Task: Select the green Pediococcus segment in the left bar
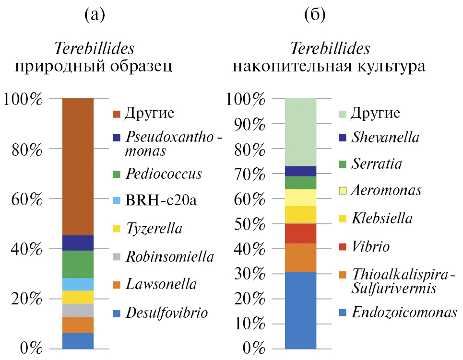[78, 264]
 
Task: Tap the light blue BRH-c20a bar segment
[78, 284]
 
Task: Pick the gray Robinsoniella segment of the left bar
[78, 310]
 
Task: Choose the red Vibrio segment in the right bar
[300, 233]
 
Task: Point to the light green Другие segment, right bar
[300, 132]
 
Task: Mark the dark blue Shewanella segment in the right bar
[300, 171]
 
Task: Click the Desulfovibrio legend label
[166, 314]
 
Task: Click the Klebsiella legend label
[381, 219]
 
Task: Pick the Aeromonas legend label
[386, 190]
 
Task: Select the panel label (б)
[315, 15]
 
